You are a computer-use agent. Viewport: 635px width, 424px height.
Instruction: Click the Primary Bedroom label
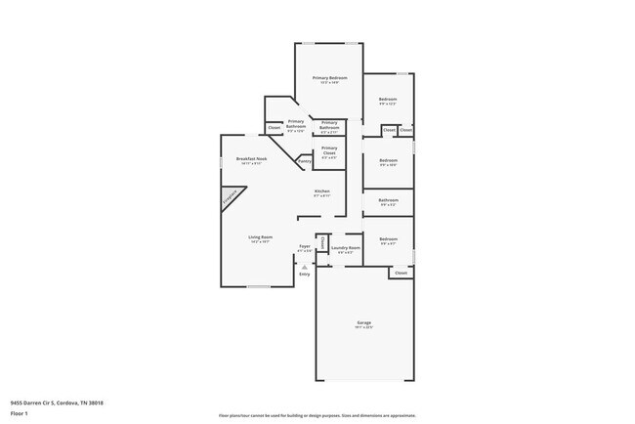click(329, 77)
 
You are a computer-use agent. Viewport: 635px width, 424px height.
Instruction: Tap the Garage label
click(363, 322)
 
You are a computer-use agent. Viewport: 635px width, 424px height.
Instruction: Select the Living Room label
click(259, 237)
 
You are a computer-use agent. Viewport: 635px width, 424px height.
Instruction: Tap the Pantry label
click(304, 160)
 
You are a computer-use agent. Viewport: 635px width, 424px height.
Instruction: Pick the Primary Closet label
click(329, 149)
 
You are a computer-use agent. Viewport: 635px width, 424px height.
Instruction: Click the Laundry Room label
click(345, 248)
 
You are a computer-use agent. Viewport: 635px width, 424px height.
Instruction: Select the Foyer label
click(304, 248)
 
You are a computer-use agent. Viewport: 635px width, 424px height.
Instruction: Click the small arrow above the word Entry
click(304, 265)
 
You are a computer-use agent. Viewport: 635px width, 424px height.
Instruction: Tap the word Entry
click(304, 274)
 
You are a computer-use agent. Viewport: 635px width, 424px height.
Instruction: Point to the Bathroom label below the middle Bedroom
click(388, 200)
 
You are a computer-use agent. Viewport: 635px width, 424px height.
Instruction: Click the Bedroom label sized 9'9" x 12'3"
click(388, 99)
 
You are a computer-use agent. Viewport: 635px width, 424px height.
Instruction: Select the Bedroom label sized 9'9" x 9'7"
click(388, 239)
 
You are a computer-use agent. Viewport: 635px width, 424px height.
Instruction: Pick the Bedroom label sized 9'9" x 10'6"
click(388, 160)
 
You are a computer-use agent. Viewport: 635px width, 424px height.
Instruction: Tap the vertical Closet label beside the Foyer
click(323, 242)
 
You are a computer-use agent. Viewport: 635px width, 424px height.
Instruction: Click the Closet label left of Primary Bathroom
click(275, 128)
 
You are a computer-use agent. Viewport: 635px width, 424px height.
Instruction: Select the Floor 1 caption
click(19, 413)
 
